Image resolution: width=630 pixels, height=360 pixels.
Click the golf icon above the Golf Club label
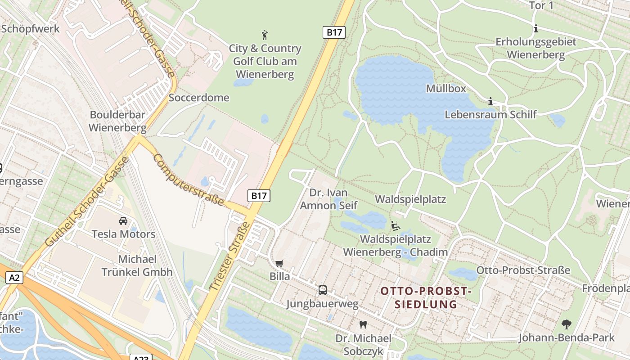[265, 35]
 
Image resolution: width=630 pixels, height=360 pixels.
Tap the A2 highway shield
[14, 278]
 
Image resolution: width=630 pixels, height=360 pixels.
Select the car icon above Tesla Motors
[123, 220]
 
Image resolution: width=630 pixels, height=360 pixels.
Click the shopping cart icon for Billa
[279, 263]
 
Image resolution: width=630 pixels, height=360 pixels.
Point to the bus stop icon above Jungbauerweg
[323, 290]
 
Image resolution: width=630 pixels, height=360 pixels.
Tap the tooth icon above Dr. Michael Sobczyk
[363, 324]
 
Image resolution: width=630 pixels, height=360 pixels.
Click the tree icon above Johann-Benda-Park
[566, 324]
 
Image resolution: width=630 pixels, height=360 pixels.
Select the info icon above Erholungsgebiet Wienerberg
[535, 29]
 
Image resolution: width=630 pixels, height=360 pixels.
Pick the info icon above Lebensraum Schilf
[490, 102]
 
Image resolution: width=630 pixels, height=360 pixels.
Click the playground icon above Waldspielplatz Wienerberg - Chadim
[396, 226]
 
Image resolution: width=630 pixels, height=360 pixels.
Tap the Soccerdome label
[199, 98]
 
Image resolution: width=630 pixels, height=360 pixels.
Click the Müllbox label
[446, 88]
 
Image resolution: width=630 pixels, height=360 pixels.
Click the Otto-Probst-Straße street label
[523, 270]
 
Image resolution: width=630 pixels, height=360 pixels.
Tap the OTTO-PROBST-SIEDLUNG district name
[426, 297]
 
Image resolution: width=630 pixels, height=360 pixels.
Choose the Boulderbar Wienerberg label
[117, 121]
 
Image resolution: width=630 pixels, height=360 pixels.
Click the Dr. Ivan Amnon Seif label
[328, 199]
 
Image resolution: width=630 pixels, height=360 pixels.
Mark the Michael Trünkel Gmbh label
[137, 265]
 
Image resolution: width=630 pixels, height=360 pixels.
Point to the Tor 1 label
[541, 6]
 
